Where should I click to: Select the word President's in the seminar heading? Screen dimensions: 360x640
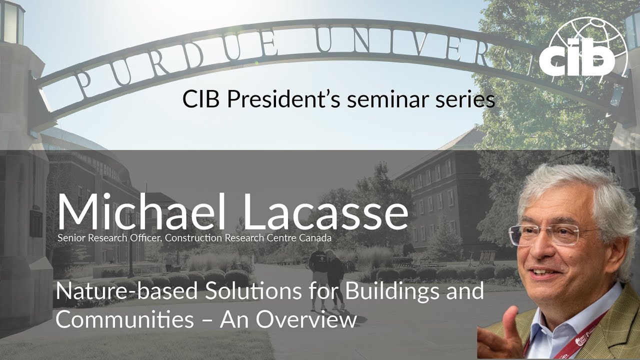283,99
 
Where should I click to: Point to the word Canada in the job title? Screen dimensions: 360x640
315,238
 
